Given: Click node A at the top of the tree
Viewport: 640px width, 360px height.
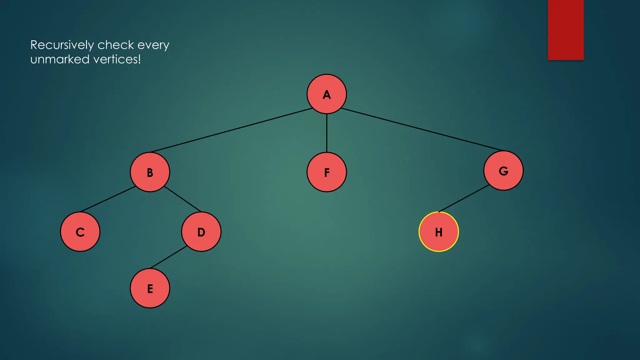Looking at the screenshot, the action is point(327,94).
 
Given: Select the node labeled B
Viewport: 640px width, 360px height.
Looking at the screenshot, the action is point(150,172).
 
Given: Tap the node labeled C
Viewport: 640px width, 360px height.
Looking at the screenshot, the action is point(80,232).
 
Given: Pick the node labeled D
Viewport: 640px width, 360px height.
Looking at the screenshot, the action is point(201,232).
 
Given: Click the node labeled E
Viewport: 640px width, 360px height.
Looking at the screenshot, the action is point(150,288).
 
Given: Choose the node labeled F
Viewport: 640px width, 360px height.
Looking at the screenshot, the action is point(327,172).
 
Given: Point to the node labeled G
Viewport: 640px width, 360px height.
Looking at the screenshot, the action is point(503,171).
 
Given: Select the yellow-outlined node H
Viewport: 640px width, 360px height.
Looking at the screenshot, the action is point(439,232).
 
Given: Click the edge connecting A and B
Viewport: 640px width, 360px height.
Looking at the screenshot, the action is point(231,130).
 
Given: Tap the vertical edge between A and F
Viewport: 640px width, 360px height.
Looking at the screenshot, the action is point(327,133).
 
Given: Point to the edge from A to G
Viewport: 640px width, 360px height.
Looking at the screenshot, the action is point(422,129).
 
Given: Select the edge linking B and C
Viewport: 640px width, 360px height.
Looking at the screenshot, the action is point(108,199).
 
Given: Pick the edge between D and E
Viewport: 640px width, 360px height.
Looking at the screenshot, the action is point(169,257).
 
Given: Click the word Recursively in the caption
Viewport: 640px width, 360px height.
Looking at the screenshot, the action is point(62,45).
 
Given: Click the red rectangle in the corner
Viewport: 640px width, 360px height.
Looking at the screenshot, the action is point(566,30).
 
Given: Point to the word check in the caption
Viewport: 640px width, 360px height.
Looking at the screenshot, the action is point(116,45).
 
